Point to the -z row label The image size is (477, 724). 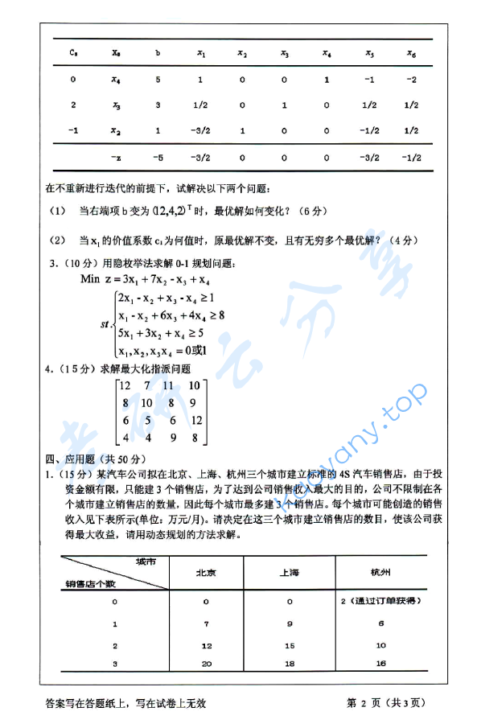click(x=116, y=158)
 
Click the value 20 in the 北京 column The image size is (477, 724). click(x=206, y=663)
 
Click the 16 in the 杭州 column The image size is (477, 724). click(x=380, y=663)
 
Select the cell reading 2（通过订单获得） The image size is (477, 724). click(x=381, y=601)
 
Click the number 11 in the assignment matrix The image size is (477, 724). click(x=167, y=387)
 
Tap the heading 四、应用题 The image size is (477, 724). click(x=70, y=459)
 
